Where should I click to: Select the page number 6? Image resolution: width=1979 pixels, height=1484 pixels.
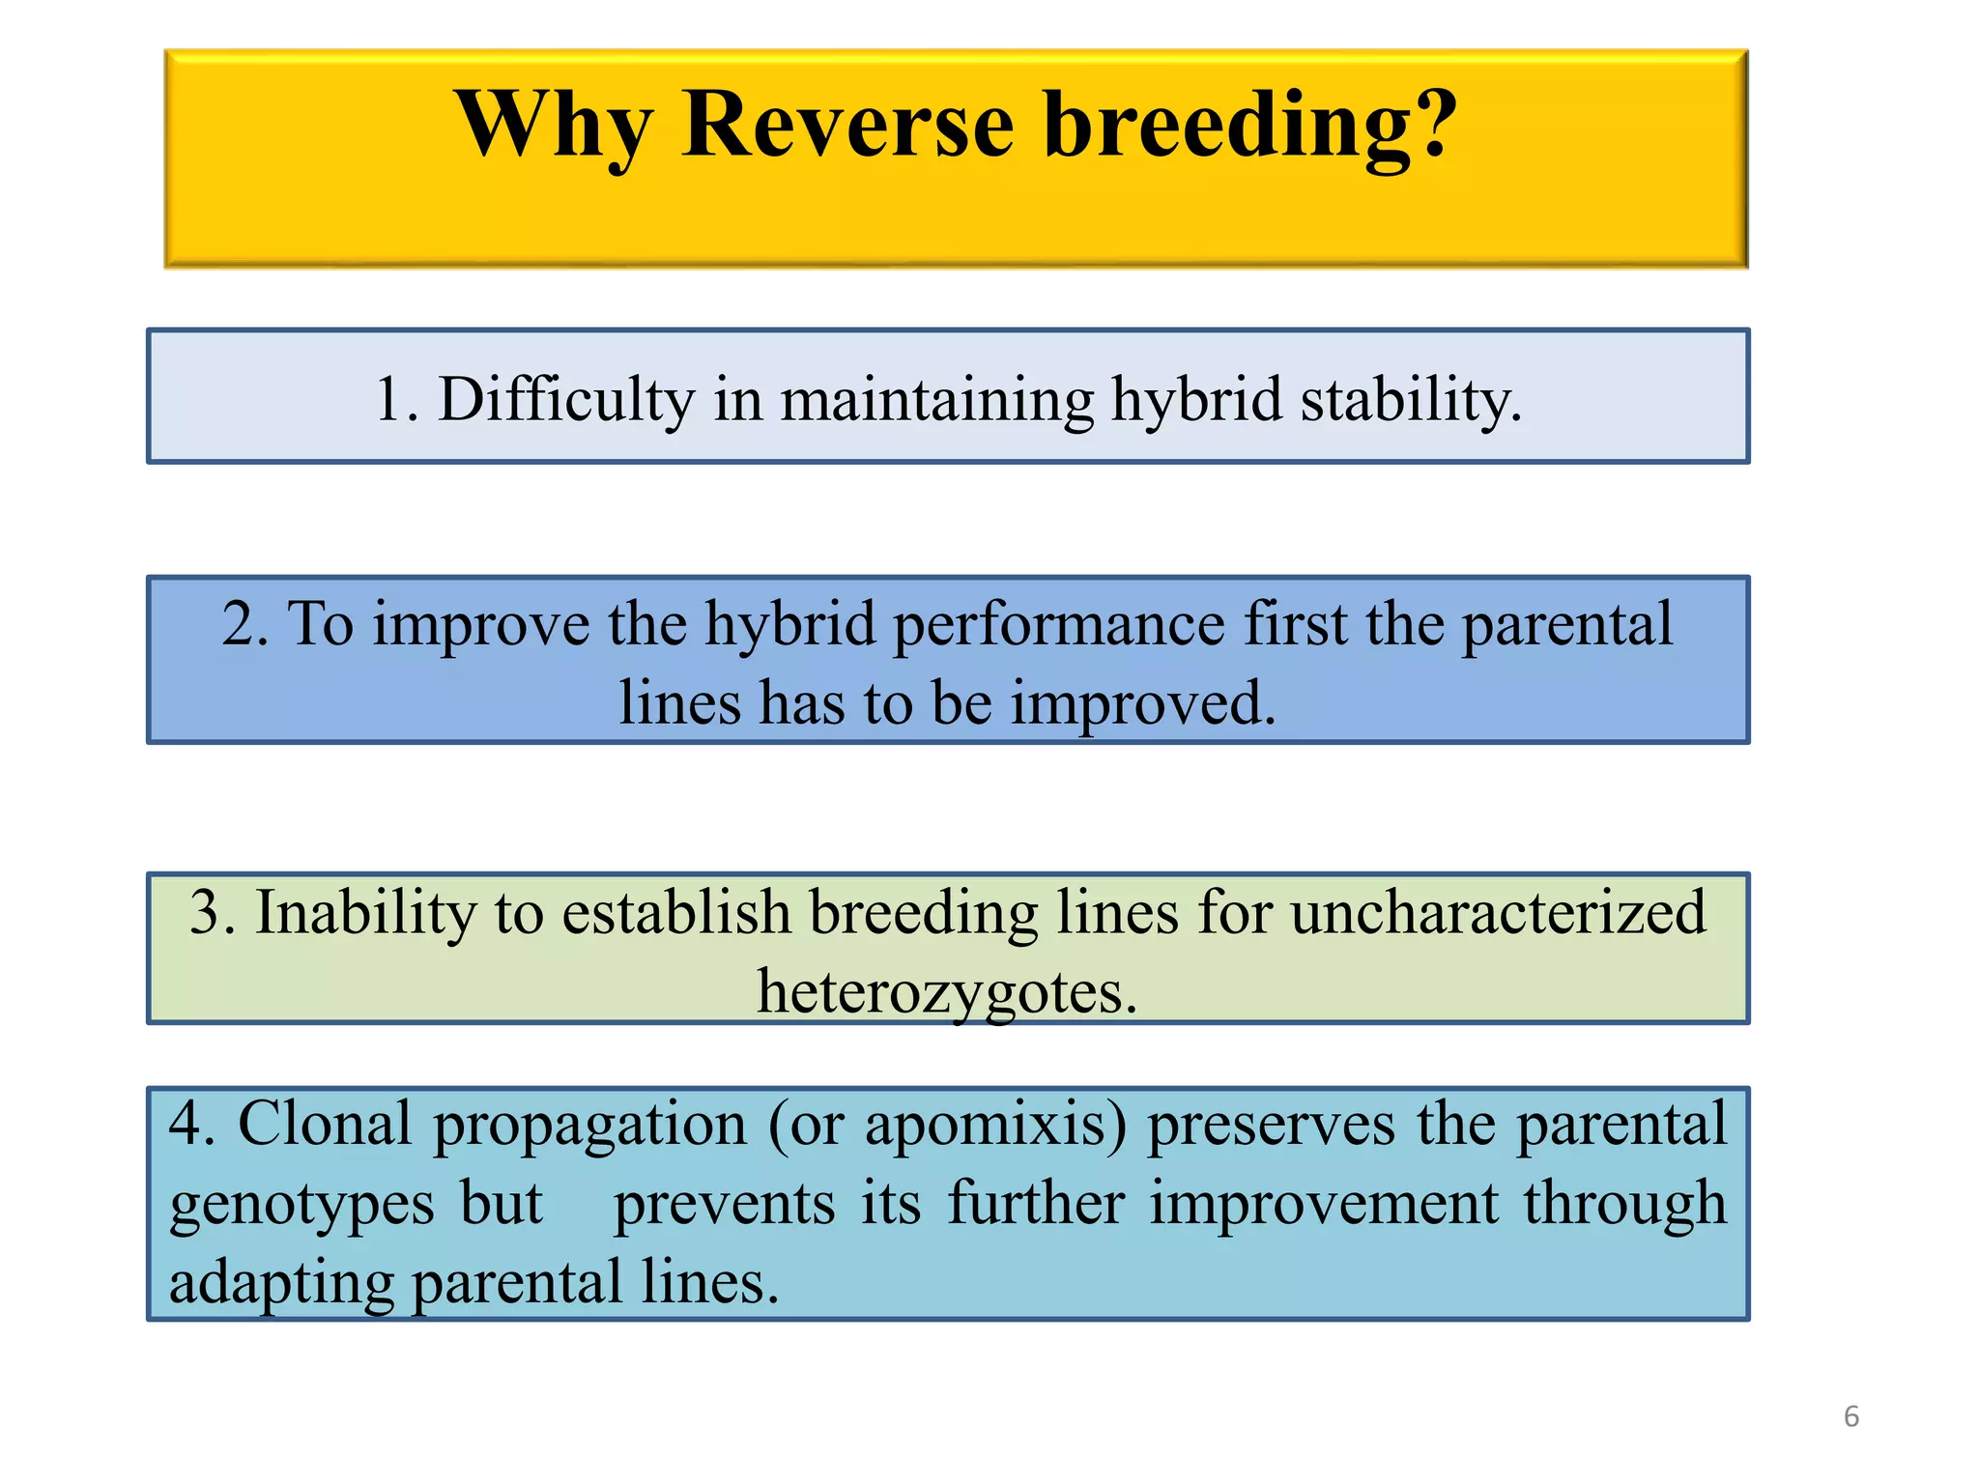[x=1850, y=1416]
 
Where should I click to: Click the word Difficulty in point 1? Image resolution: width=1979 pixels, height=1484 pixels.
[x=566, y=399]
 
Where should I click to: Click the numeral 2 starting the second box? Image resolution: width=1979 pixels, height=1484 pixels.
[x=239, y=623]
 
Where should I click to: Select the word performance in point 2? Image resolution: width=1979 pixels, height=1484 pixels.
[x=1058, y=625]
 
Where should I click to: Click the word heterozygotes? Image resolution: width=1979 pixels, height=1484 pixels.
[x=946, y=992]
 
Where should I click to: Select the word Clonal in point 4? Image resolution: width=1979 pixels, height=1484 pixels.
[x=325, y=1124]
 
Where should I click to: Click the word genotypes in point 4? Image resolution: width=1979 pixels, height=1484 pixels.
[x=301, y=1205]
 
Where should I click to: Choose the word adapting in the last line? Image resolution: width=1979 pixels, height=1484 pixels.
[x=280, y=1284]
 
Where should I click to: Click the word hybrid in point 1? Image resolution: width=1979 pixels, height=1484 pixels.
[x=1195, y=399]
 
